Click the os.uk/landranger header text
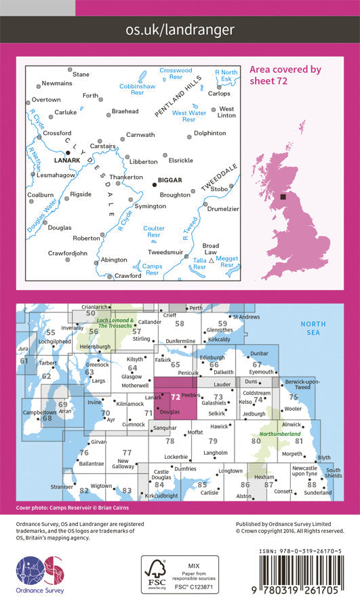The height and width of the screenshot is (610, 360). point(180,29)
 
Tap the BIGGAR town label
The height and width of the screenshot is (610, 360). point(169,181)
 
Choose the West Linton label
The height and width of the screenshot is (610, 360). point(226,113)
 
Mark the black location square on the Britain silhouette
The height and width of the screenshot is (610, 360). point(284,197)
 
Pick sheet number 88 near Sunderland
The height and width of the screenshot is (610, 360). point(312,485)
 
